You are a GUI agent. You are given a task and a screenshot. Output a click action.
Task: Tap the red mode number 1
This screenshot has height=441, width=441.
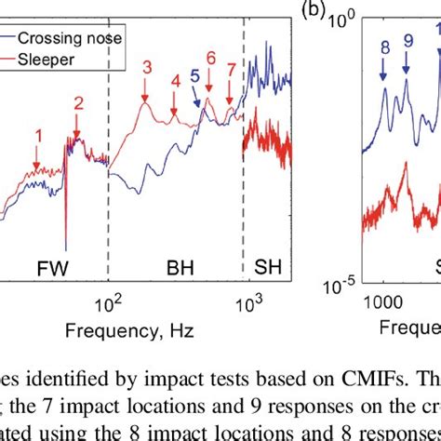point(38,135)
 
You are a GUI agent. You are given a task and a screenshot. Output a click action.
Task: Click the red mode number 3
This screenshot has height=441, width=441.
point(147,67)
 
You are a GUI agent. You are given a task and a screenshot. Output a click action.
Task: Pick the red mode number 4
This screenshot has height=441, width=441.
point(175,81)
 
